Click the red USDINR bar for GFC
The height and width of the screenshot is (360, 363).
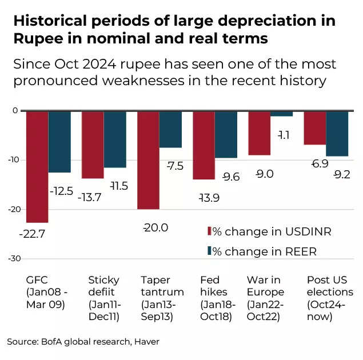coord(37,166)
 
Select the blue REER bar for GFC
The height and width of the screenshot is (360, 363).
coord(59,141)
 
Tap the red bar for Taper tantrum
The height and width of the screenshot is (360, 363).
coord(148,160)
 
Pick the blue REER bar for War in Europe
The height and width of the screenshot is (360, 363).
coord(281,114)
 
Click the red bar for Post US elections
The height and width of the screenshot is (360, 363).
coord(314,128)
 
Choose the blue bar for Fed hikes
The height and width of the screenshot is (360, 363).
coord(226,134)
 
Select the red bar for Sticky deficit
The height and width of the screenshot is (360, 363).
coord(93,145)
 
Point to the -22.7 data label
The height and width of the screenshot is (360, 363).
coord(32,234)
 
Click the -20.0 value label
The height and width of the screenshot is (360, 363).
coord(155,227)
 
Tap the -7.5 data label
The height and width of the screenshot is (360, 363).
coord(175,166)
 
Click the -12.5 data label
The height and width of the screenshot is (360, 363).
coord(61,191)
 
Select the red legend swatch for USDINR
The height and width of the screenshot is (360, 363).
coord(209,231)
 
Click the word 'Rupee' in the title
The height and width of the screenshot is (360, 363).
coord(36,39)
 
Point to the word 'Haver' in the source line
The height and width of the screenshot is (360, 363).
coord(146,341)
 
